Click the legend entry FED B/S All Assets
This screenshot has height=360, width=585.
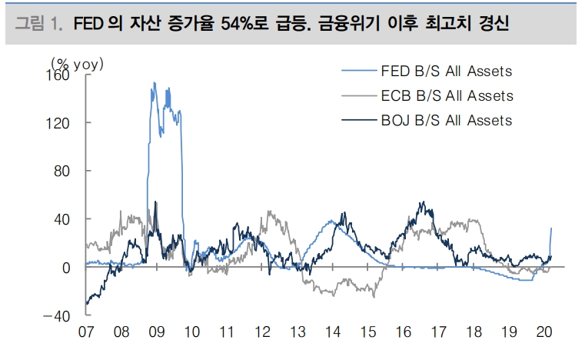[446, 72]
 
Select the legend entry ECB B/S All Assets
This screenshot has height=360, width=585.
[446, 96]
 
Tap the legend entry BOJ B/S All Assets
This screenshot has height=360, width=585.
[446, 120]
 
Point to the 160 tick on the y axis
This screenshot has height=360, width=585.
[60, 75]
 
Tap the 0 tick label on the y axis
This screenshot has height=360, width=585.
[68, 268]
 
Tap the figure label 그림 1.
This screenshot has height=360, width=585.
[38, 25]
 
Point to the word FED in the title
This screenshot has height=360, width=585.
[88, 25]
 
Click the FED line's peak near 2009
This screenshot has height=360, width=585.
[155, 83]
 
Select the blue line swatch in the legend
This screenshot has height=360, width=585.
[359, 72]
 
